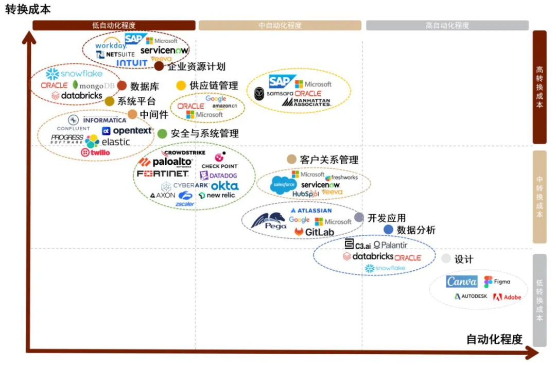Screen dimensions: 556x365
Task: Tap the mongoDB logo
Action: pyautogui.click(x=94, y=85)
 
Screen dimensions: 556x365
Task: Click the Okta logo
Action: pyautogui.click(x=224, y=186)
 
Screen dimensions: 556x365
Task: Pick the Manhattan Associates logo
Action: pyautogui.click(x=306, y=102)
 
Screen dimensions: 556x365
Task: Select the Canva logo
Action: pyautogui.click(x=461, y=282)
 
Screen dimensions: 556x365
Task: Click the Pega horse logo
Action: pyautogui.click(x=268, y=222)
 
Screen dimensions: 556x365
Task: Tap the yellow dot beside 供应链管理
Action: pyautogui.click(x=181, y=85)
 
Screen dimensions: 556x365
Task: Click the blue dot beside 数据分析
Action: pyautogui.click(x=388, y=230)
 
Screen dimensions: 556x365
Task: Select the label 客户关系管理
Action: pyautogui.click(x=329, y=160)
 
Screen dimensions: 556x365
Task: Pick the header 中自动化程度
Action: pyautogui.click(x=280, y=25)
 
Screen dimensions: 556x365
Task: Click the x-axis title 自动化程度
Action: pyautogui.click(x=494, y=339)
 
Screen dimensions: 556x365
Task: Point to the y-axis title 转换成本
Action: pyautogui.click(x=28, y=9)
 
